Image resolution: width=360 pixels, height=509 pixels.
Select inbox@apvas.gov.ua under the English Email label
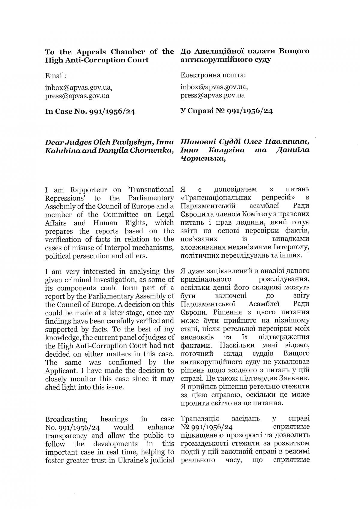click(x=79, y=88)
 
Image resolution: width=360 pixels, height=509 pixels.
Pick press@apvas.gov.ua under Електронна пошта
click(x=213, y=95)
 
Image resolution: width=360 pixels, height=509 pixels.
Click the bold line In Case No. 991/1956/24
click(x=90, y=112)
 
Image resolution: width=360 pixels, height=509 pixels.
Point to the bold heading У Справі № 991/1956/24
click(x=226, y=111)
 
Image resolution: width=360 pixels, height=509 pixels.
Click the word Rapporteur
click(x=88, y=190)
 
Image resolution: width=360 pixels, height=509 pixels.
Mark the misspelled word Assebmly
click(x=59, y=206)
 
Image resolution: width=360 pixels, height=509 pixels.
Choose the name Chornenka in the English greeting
click(x=151, y=150)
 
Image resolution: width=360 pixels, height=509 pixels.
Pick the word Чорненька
click(x=202, y=158)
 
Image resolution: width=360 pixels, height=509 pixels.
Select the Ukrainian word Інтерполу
click(x=291, y=247)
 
